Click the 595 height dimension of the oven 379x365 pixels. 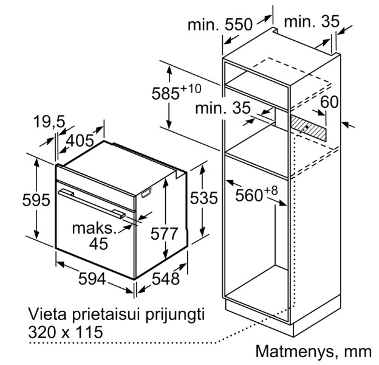[36, 200]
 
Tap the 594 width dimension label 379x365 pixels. [92, 279]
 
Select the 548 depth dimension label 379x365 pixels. [166, 279]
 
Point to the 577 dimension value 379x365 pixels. [164, 234]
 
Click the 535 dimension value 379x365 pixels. [203, 198]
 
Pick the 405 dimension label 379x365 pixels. [80, 141]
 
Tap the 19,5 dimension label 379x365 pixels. [49, 121]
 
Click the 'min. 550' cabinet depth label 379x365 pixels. [220, 24]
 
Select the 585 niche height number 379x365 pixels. [166, 94]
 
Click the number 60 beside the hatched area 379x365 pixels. [329, 102]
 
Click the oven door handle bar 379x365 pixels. [92, 204]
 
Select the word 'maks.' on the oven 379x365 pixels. [95, 228]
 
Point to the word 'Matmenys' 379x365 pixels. [295, 351]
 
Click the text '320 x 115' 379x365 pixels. [66, 332]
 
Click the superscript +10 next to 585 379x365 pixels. [191, 89]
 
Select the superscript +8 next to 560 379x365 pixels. [271, 190]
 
